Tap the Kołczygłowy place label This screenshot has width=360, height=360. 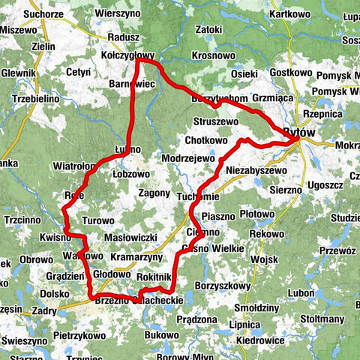coord(127,55)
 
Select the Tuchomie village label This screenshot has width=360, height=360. coord(198,196)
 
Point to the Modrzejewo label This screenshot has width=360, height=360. coord(188,159)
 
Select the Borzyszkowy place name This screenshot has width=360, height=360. coord(222,286)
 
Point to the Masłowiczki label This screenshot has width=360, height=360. coord(130,237)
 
